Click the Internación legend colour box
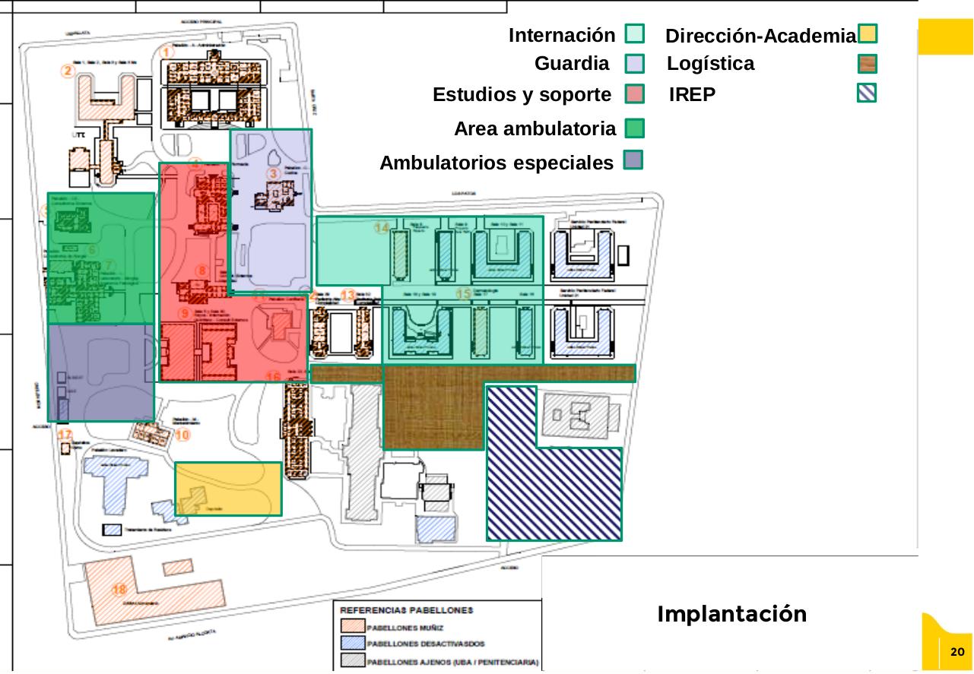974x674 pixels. (x=634, y=34)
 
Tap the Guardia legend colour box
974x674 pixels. (x=634, y=63)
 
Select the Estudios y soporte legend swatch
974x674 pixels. (x=634, y=94)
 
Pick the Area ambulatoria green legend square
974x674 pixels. (x=634, y=128)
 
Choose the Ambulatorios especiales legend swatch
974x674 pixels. (x=633, y=160)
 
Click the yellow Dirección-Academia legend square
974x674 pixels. (x=867, y=34)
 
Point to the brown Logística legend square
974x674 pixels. (x=867, y=63)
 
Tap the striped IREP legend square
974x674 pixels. (x=867, y=93)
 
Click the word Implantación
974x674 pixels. (x=731, y=614)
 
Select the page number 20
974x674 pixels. (x=957, y=652)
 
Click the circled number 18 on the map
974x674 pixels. (x=119, y=590)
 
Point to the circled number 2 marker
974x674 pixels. (x=68, y=71)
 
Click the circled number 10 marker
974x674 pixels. (x=182, y=435)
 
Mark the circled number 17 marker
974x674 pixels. (x=65, y=435)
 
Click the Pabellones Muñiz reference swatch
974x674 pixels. (x=352, y=628)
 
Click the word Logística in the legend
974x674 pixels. (x=710, y=64)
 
